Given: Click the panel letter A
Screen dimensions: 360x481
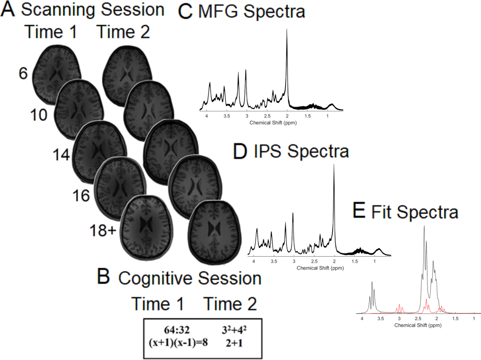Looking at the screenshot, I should (x=8, y=10).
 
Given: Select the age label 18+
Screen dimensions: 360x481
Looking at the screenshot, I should (x=104, y=231).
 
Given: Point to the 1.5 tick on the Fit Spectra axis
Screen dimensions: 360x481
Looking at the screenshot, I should (x=455, y=319).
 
